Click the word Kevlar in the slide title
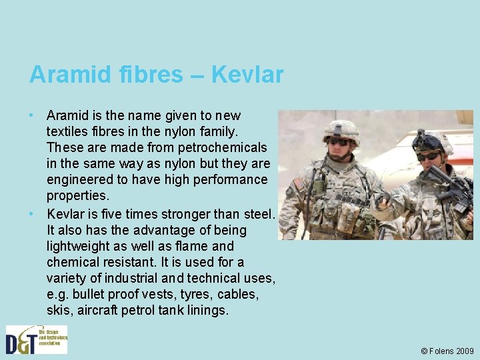coord(247,75)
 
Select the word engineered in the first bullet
coord(78,179)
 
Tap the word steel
coord(257,214)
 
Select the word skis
coord(58,310)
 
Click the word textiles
coord(69,131)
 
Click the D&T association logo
coord(37,339)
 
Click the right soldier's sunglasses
coord(428,156)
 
